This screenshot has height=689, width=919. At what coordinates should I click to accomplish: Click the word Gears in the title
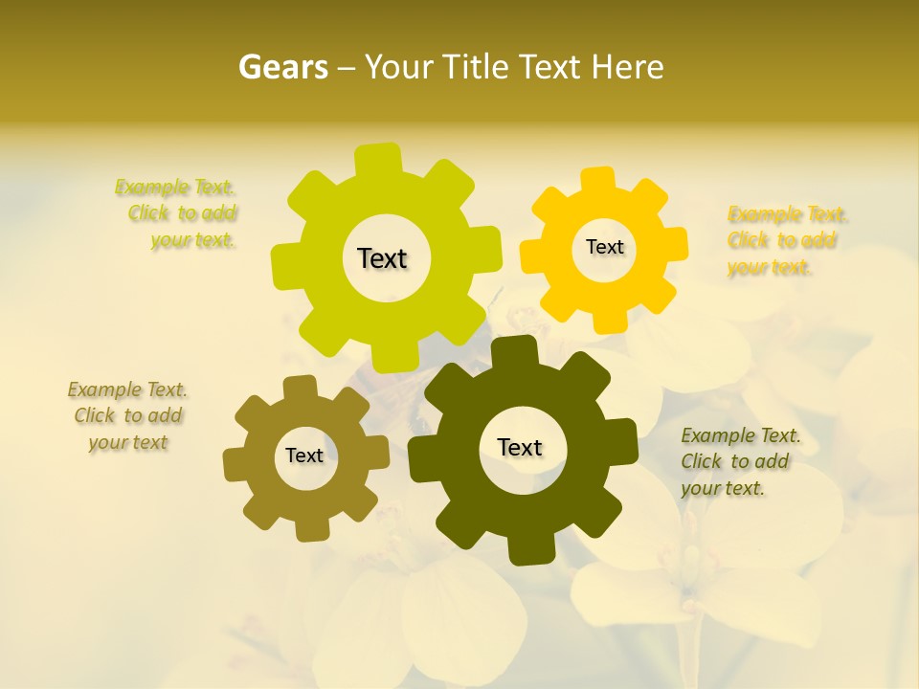pyautogui.click(x=282, y=67)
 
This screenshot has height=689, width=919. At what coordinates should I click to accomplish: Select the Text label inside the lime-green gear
pyautogui.click(x=382, y=258)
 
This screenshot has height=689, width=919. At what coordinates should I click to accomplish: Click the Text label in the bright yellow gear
pyautogui.click(x=604, y=247)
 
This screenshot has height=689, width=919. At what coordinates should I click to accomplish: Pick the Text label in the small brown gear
pyautogui.click(x=304, y=456)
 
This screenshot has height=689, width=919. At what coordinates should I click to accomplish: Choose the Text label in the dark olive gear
pyautogui.click(x=520, y=447)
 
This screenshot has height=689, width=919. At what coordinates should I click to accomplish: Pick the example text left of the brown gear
pyautogui.click(x=128, y=415)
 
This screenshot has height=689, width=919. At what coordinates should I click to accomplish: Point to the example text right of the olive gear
pyautogui.click(x=739, y=461)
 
